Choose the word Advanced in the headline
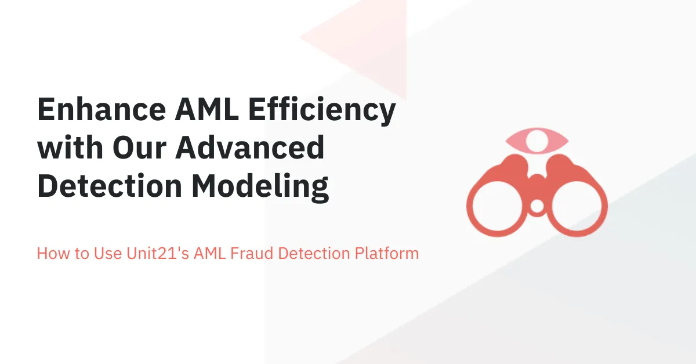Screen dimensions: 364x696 click(x=250, y=149)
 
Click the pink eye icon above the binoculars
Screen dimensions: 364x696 click(x=537, y=139)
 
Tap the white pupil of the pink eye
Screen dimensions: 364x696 click(x=538, y=139)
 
